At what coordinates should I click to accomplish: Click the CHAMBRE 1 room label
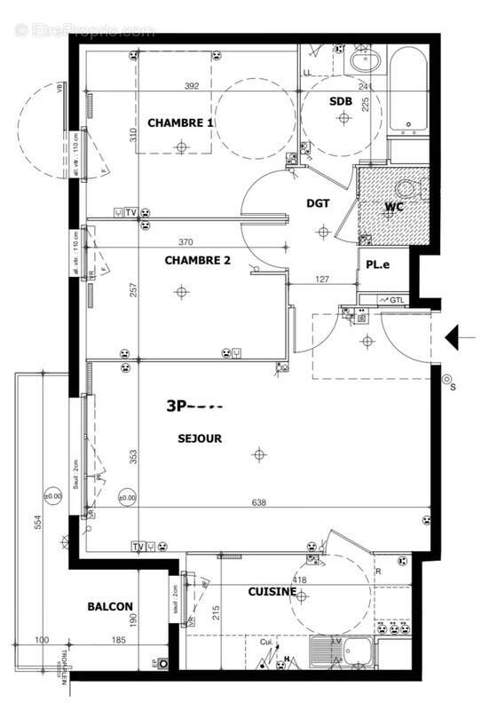click(180, 122)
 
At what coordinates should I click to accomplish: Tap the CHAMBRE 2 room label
click(197, 260)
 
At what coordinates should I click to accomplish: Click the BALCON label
click(110, 607)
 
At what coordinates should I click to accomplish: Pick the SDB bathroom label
click(341, 102)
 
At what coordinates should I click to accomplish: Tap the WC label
click(394, 208)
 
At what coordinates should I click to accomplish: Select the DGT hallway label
click(318, 203)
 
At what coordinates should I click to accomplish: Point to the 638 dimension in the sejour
click(259, 502)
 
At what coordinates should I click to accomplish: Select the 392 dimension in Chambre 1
click(191, 86)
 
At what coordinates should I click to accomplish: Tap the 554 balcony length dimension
click(37, 525)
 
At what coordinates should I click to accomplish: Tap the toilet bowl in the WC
click(407, 189)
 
